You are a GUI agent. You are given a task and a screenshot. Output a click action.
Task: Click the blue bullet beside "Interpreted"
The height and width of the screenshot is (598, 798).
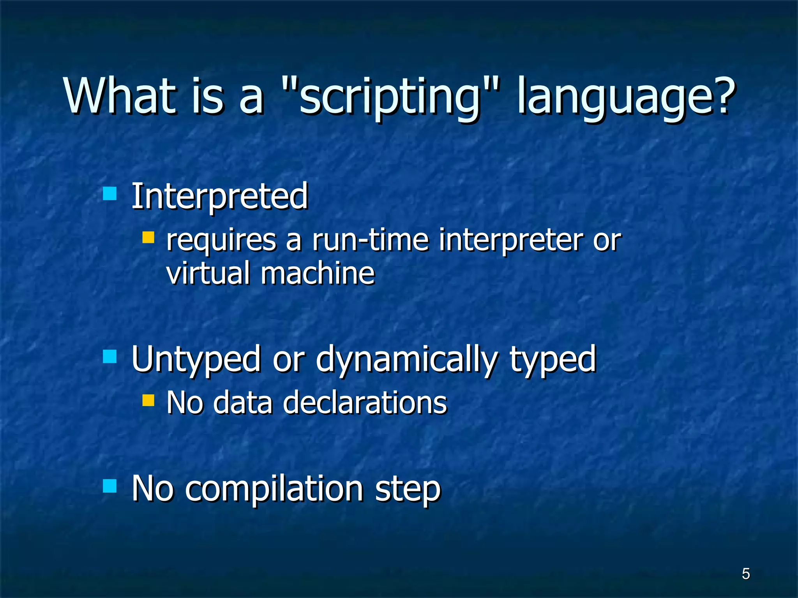pos(110,193)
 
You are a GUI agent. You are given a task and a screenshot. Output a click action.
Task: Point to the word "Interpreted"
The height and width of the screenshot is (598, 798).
pos(220,196)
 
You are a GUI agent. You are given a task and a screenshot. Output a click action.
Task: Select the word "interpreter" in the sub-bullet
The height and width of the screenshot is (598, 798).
pos(510,241)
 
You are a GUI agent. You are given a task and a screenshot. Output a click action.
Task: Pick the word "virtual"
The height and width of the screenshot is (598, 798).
pos(208,273)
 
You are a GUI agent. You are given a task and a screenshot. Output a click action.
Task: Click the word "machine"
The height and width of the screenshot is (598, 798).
pos(318,273)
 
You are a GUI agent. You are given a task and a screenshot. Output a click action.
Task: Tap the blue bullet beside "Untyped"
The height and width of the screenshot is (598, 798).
pos(110,356)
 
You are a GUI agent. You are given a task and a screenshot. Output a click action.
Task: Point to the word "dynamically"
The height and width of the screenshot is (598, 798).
pos(407,360)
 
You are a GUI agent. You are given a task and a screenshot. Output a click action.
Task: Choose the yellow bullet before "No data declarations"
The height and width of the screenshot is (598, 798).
pos(148,400)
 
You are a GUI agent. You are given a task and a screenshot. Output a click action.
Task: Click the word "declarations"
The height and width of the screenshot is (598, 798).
pos(365,403)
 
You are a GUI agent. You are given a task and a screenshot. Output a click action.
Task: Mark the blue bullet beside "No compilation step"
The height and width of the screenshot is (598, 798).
pos(110,486)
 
